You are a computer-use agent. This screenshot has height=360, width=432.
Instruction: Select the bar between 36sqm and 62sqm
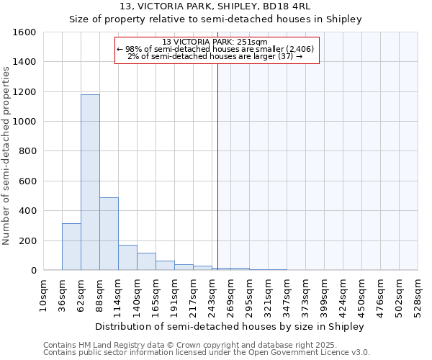point(71,246)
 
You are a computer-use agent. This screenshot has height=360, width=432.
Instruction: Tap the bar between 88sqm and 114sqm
point(109,233)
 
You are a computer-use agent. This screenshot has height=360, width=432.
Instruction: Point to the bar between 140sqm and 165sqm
point(146,261)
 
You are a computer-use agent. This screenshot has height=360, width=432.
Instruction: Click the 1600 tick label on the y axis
point(24,32)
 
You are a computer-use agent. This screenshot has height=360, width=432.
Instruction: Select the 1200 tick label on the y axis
point(24,92)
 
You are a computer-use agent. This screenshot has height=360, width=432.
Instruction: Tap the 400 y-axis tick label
point(27,211)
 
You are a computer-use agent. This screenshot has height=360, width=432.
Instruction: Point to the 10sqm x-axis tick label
point(44,295)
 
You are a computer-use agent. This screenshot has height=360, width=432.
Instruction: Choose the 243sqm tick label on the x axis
point(212,295)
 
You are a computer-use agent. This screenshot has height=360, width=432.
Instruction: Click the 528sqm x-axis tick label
point(418,295)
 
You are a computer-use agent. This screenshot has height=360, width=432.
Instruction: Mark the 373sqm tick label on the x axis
point(306,295)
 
